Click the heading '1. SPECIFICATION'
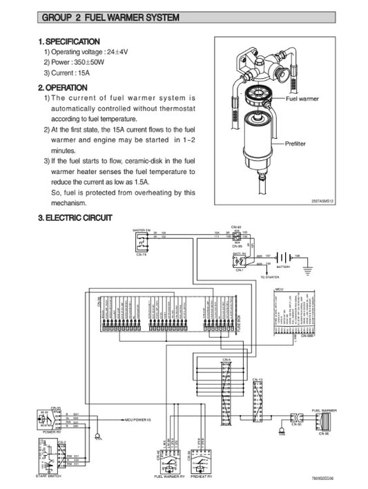[x=70, y=42]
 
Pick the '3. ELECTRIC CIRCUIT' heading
[x=75, y=218]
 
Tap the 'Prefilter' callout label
[x=298, y=142]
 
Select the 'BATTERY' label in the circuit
[x=284, y=266]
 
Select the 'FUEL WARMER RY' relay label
[x=169, y=477]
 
